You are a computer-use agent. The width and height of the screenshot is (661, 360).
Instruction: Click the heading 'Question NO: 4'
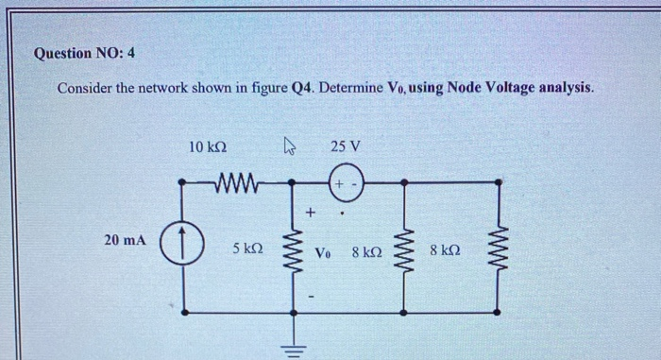(84, 53)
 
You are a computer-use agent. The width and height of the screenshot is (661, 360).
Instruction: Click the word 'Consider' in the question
(87, 88)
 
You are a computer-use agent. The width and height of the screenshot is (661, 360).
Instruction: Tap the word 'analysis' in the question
(564, 88)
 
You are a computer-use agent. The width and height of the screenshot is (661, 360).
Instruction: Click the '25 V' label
(346, 146)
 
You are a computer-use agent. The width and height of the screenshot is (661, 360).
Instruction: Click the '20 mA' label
(125, 241)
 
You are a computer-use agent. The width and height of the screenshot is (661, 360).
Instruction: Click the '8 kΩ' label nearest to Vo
(366, 252)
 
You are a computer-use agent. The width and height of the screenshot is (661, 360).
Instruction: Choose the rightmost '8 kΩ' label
(445, 251)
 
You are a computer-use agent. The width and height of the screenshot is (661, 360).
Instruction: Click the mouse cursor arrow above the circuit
(291, 146)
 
